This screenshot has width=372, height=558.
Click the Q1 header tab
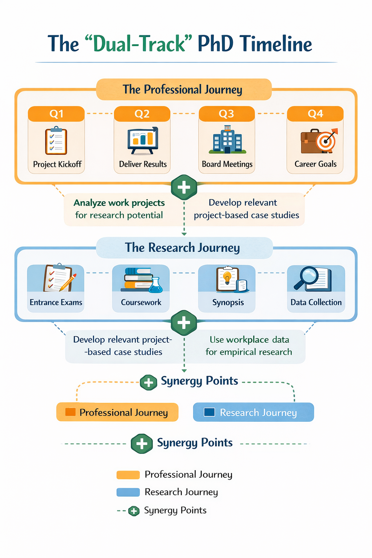tap(56, 114)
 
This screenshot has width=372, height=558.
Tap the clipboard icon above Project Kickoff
tap(56, 141)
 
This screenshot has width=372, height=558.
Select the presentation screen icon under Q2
tap(143, 140)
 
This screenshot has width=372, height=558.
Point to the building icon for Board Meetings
tap(227, 140)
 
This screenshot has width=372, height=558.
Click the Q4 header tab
tap(315, 114)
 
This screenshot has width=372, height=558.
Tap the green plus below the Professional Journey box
tap(184, 187)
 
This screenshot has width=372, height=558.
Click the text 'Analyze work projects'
tap(119, 203)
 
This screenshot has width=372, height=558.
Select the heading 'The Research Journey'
tap(182, 248)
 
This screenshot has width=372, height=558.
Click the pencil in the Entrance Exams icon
tap(69, 283)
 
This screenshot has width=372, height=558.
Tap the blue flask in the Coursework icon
tap(156, 286)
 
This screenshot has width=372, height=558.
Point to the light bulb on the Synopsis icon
tap(227, 277)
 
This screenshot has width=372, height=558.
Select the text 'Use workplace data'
tap(249, 340)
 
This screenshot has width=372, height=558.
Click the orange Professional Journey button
tap(117, 412)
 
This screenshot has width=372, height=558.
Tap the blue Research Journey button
tap(253, 412)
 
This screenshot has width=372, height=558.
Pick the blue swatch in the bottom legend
tap(128, 492)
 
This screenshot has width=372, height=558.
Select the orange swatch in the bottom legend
tap(128, 475)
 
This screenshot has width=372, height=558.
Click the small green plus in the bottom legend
tap(134, 511)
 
